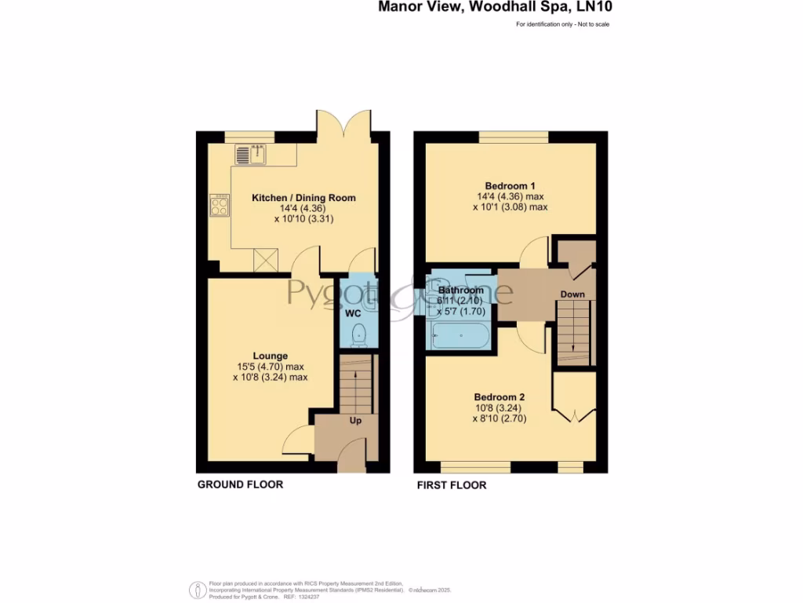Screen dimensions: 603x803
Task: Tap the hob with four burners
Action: pos(219,206)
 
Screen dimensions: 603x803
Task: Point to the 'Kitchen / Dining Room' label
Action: pos(303,198)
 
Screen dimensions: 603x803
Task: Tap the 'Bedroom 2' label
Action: pos(499,397)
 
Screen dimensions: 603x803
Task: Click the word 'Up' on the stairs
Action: pos(355,422)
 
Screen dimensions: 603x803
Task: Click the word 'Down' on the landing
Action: pos(572,294)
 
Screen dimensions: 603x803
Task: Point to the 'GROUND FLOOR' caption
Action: pos(240,484)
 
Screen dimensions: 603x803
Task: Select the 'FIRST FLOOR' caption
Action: pos(451,485)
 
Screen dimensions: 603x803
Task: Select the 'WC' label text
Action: pos(353,313)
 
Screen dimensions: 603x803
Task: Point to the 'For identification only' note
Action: pos(562,24)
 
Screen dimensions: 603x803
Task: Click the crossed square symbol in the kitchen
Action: pos(266,258)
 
